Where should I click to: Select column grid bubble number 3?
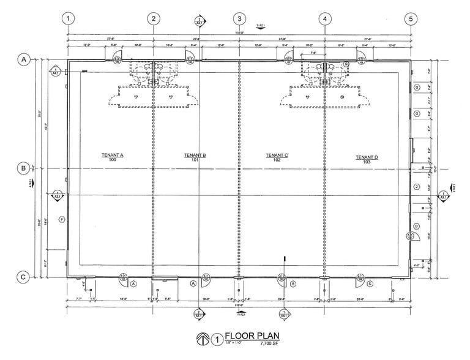(x=239, y=18)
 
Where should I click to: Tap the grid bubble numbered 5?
(x=411, y=18)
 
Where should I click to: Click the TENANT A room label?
(x=113, y=156)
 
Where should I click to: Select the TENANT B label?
(x=195, y=156)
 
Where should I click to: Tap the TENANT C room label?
(x=277, y=156)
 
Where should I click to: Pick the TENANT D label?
(x=367, y=157)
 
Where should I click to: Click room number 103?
(x=367, y=163)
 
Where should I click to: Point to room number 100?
(x=113, y=160)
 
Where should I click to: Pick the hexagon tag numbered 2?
(x=416, y=187)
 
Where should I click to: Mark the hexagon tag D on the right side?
(x=416, y=225)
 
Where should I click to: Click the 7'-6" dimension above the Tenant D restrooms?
(x=313, y=53)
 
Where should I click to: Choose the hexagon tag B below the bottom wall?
(x=293, y=283)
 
